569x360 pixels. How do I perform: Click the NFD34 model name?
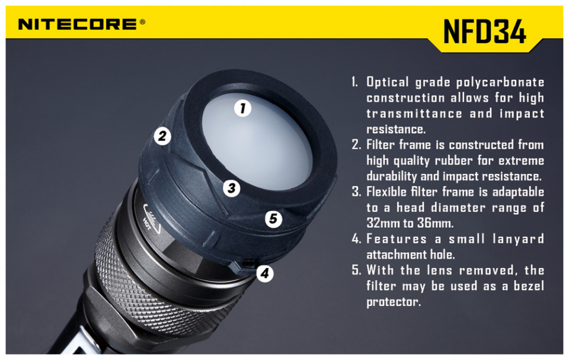[484, 31]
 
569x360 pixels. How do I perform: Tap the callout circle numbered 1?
[243, 108]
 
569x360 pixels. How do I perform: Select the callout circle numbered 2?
[162, 136]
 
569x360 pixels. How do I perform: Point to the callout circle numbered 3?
[232, 188]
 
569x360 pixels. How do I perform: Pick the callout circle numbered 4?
[265, 273]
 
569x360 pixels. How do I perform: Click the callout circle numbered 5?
[273, 219]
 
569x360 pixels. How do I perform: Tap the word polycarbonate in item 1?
[500, 82]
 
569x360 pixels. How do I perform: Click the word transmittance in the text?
[414, 113]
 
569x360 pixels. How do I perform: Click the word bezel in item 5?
[529, 286]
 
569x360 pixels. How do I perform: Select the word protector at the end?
[394, 302]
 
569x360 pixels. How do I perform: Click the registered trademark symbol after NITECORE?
[142, 22]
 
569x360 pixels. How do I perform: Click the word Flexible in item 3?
[386, 192]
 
